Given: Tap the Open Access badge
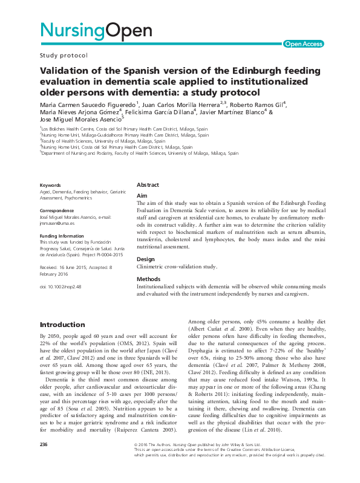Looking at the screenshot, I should (303, 44).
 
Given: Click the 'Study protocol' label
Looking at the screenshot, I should (64, 55).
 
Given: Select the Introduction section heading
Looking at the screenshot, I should (62, 324).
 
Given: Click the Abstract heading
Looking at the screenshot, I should (148, 184).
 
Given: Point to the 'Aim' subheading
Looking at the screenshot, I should (142, 196).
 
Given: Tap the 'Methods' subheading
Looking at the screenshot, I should (149, 279).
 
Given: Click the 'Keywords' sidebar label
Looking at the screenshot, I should (50, 184).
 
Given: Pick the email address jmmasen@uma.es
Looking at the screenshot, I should (59, 222).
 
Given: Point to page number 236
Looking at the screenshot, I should (43, 461).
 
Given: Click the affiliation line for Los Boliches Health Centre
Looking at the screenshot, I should (124, 129).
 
